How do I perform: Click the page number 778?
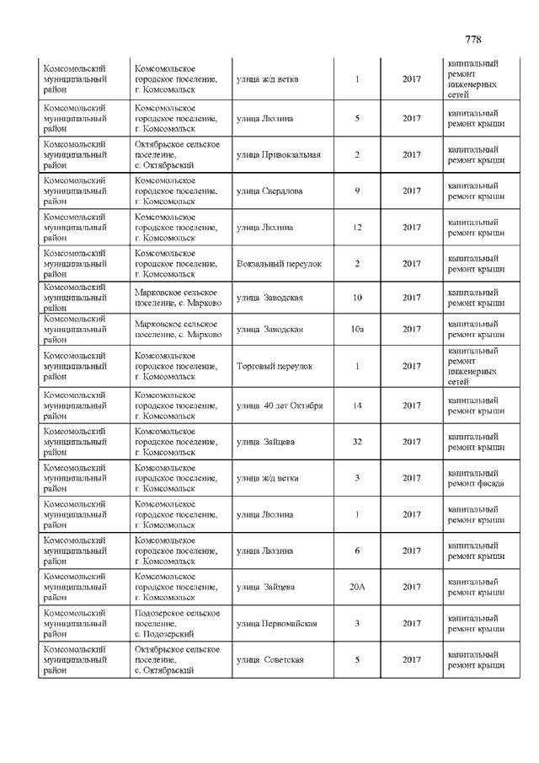(x=472, y=40)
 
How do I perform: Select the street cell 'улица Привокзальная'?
(x=279, y=154)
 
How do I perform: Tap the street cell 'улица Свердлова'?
(x=269, y=191)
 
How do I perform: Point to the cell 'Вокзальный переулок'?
(x=280, y=264)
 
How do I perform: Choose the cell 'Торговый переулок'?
(x=275, y=366)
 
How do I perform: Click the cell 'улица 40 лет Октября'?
(x=280, y=406)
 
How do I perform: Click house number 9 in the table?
(x=357, y=191)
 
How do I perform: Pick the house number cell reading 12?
(x=357, y=228)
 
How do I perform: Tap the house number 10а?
(x=357, y=329)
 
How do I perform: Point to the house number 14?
(x=357, y=406)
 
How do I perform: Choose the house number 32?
(x=357, y=442)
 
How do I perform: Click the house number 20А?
(x=357, y=588)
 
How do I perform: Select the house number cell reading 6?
(x=357, y=551)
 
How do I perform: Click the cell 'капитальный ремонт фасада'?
(x=476, y=478)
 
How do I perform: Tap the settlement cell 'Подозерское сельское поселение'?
(x=178, y=624)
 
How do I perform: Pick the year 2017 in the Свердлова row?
(x=411, y=191)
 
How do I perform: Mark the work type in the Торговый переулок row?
(x=472, y=366)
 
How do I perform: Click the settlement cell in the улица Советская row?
(x=178, y=660)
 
